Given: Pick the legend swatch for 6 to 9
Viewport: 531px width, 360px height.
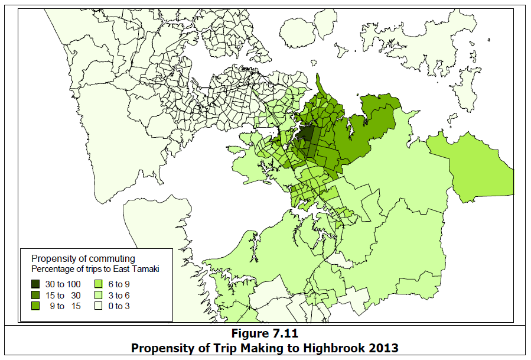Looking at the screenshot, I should [99, 284].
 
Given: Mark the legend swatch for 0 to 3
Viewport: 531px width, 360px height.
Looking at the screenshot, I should [99, 306].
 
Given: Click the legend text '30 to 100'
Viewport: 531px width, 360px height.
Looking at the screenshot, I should [63, 284].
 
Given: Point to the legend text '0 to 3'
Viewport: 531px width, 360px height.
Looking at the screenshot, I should [119, 306].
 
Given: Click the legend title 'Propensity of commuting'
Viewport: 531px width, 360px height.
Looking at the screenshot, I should [83, 259].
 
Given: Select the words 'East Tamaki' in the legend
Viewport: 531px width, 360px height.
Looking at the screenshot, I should [140, 269].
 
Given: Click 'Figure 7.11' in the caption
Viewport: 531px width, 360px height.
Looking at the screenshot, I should [265, 335].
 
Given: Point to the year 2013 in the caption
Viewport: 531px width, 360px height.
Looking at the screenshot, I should [385, 348].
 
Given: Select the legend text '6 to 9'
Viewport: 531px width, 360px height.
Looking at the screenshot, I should [119, 284].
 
